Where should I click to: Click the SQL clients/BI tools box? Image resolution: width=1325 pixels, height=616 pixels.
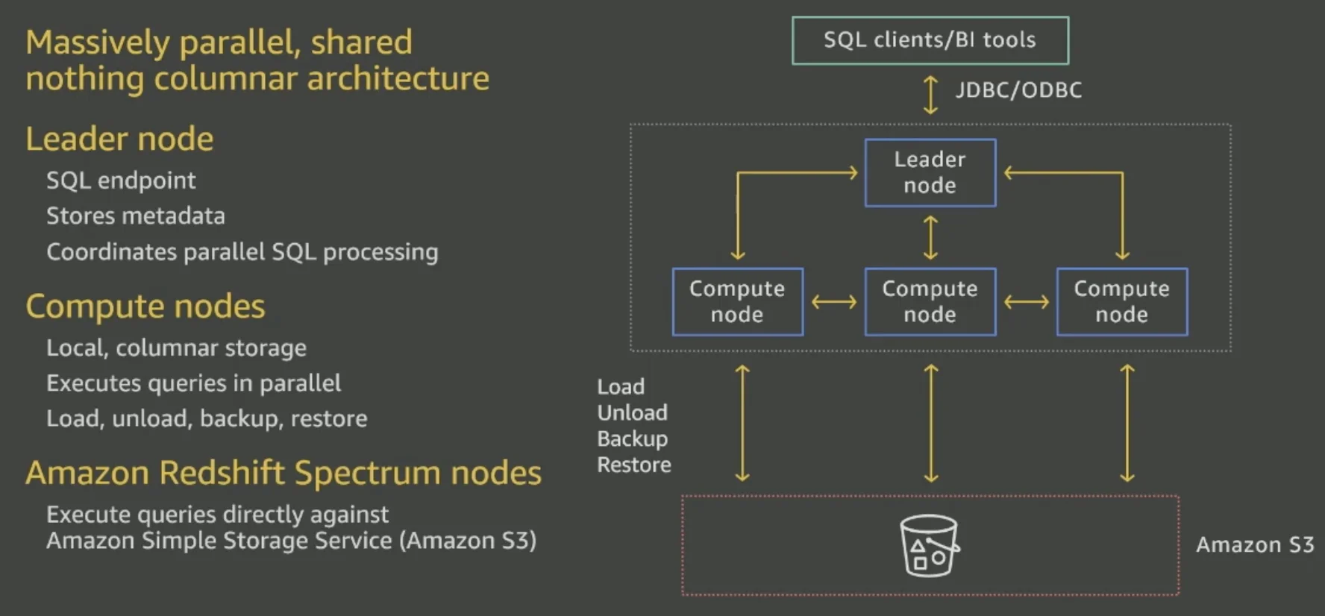click(930, 40)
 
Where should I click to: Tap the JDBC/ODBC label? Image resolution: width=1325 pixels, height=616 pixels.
click(1018, 90)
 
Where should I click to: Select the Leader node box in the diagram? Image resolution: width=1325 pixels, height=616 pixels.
click(930, 172)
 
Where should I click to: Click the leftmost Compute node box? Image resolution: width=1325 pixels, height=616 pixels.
click(737, 301)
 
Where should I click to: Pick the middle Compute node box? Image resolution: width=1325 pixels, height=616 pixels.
click(930, 301)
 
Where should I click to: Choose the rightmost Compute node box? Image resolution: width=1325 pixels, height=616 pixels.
click(1121, 301)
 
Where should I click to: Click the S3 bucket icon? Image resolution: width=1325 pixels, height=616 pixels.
click(929, 545)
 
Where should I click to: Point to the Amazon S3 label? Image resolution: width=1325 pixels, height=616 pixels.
click(1255, 545)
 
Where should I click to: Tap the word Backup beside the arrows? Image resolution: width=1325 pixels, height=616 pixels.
click(632, 439)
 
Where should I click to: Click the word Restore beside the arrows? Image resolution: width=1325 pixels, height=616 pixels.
click(633, 465)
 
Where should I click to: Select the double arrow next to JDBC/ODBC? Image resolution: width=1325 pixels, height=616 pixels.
click(930, 95)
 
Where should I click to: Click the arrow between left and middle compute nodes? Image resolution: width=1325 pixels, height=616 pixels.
click(834, 302)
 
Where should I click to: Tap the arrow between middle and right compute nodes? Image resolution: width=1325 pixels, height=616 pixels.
click(1027, 302)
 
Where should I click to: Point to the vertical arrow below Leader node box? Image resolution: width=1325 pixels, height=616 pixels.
click(930, 237)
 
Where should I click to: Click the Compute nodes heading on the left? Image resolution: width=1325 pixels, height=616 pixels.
click(145, 307)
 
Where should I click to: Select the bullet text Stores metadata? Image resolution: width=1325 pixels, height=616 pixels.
click(135, 216)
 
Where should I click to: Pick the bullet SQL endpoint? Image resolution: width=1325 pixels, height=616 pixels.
click(121, 180)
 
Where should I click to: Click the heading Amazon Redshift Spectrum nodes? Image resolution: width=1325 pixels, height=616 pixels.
click(284, 473)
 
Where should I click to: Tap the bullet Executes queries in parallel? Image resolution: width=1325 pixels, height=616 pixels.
click(193, 383)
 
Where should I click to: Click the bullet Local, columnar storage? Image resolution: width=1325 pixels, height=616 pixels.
click(176, 348)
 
